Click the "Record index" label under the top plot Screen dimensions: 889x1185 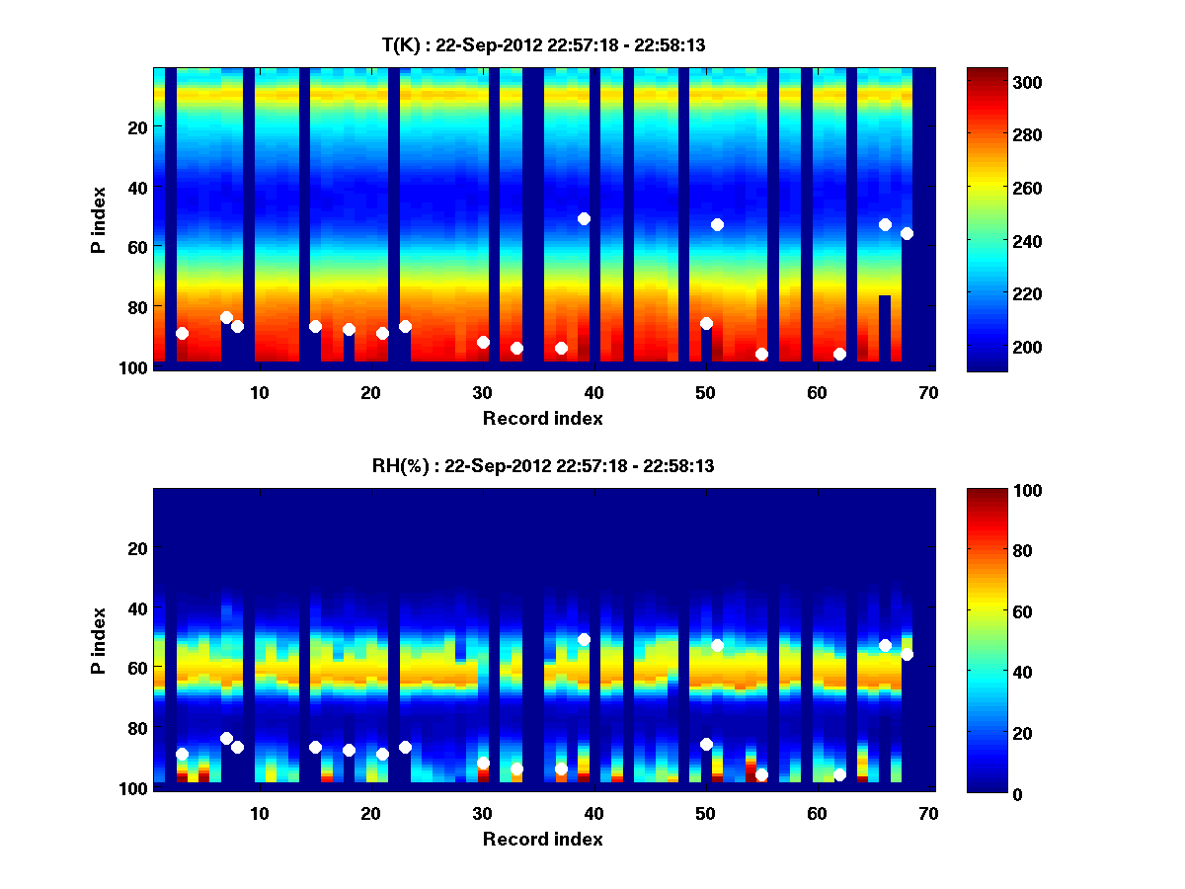[542, 418]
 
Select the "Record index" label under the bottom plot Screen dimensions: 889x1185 [542, 839]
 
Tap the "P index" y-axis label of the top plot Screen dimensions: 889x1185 [99, 219]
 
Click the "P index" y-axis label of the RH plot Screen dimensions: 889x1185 [99, 640]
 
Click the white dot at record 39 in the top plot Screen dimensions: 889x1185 [584, 218]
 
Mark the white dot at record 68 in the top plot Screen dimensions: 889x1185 [907, 233]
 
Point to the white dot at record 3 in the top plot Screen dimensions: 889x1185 [182, 333]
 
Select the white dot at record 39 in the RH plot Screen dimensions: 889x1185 [584, 639]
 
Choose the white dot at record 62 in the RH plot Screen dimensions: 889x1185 [839, 774]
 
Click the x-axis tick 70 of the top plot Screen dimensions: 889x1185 [928, 391]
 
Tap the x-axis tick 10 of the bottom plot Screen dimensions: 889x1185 [259, 812]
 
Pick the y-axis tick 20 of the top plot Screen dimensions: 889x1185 [136, 126]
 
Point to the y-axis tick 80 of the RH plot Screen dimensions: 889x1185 [136, 728]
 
